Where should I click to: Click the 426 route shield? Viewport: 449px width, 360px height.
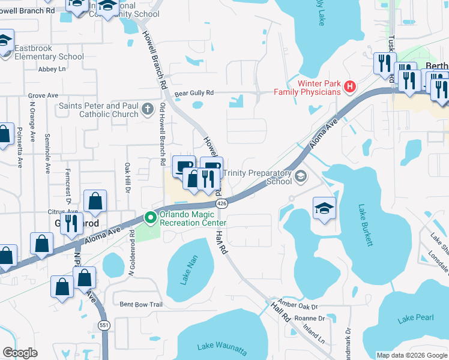click(x=222, y=204)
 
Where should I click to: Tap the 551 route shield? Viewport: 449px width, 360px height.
click(x=104, y=324)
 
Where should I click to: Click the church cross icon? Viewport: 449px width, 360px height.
click(x=148, y=110)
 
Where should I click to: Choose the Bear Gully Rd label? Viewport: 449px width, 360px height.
click(x=194, y=93)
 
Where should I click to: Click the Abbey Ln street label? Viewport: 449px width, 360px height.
click(x=52, y=69)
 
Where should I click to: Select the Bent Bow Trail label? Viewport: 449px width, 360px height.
click(x=140, y=304)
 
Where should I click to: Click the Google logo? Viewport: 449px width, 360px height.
click(x=20, y=353)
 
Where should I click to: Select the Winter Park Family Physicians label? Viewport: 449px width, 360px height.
click(x=307, y=88)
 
